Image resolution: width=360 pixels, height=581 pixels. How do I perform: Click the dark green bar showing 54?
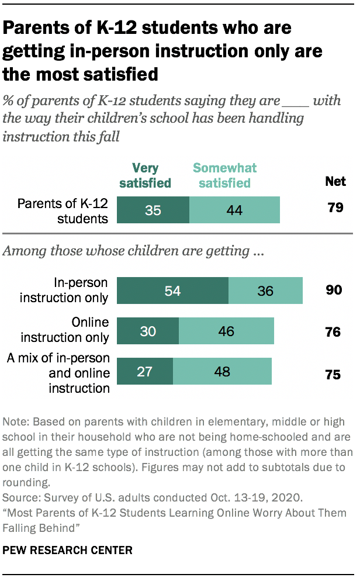(x=172, y=290)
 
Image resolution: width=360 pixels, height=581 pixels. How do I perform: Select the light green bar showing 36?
(x=265, y=290)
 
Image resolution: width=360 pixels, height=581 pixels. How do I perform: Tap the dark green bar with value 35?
(x=153, y=210)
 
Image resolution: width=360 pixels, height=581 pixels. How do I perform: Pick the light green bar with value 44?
(x=234, y=210)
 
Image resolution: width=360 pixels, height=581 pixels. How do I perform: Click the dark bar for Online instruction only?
(x=148, y=331)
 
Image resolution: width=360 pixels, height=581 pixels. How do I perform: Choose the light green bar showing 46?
(x=226, y=331)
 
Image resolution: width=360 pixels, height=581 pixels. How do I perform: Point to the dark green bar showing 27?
(x=145, y=371)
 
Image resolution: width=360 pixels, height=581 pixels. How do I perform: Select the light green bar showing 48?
(x=222, y=371)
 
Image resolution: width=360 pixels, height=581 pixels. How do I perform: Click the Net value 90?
(x=334, y=290)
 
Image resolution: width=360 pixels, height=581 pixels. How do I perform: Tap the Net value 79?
(x=335, y=207)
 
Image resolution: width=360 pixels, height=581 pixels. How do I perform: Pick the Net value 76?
(x=333, y=333)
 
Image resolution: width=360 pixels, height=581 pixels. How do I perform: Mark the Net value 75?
(x=333, y=375)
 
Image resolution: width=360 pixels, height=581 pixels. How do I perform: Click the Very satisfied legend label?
(x=145, y=176)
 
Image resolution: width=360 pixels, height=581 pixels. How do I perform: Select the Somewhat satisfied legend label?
(x=225, y=176)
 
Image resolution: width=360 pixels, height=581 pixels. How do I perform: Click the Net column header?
(x=335, y=181)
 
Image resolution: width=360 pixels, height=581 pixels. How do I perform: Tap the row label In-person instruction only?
(x=64, y=290)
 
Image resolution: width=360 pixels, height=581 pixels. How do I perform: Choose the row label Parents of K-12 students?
(x=63, y=211)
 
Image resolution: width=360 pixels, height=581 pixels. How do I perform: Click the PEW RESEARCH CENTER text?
(x=68, y=550)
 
